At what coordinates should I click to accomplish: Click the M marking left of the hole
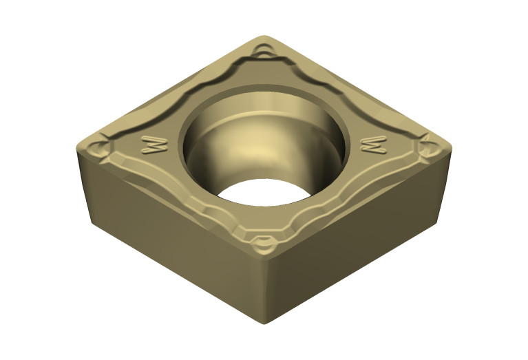pyautogui.click(x=155, y=145)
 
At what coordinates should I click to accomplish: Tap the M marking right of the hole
pyautogui.click(x=374, y=145)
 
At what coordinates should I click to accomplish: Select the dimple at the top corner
pyautogui.click(x=264, y=50)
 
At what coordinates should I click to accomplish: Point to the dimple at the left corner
pyautogui.click(x=98, y=149)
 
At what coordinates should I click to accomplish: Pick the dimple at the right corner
pyautogui.click(x=430, y=148)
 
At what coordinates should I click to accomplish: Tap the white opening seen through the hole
pyautogui.click(x=264, y=192)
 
